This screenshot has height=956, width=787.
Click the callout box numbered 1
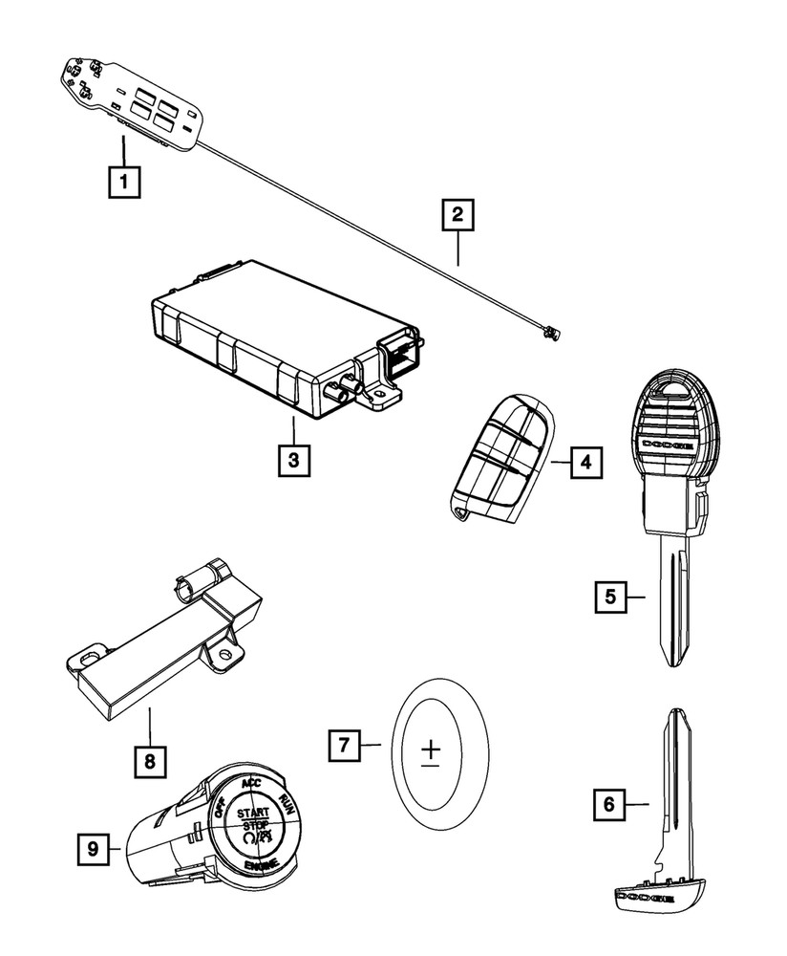click(125, 182)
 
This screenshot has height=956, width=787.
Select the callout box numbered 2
click(457, 215)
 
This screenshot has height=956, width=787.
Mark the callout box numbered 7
click(345, 744)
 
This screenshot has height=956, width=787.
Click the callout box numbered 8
click(148, 761)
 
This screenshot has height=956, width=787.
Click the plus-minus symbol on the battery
click(431, 752)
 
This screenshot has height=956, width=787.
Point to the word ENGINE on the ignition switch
click(261, 866)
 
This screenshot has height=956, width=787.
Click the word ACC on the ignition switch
click(251, 783)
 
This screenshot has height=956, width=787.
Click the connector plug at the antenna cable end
click(547, 333)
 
